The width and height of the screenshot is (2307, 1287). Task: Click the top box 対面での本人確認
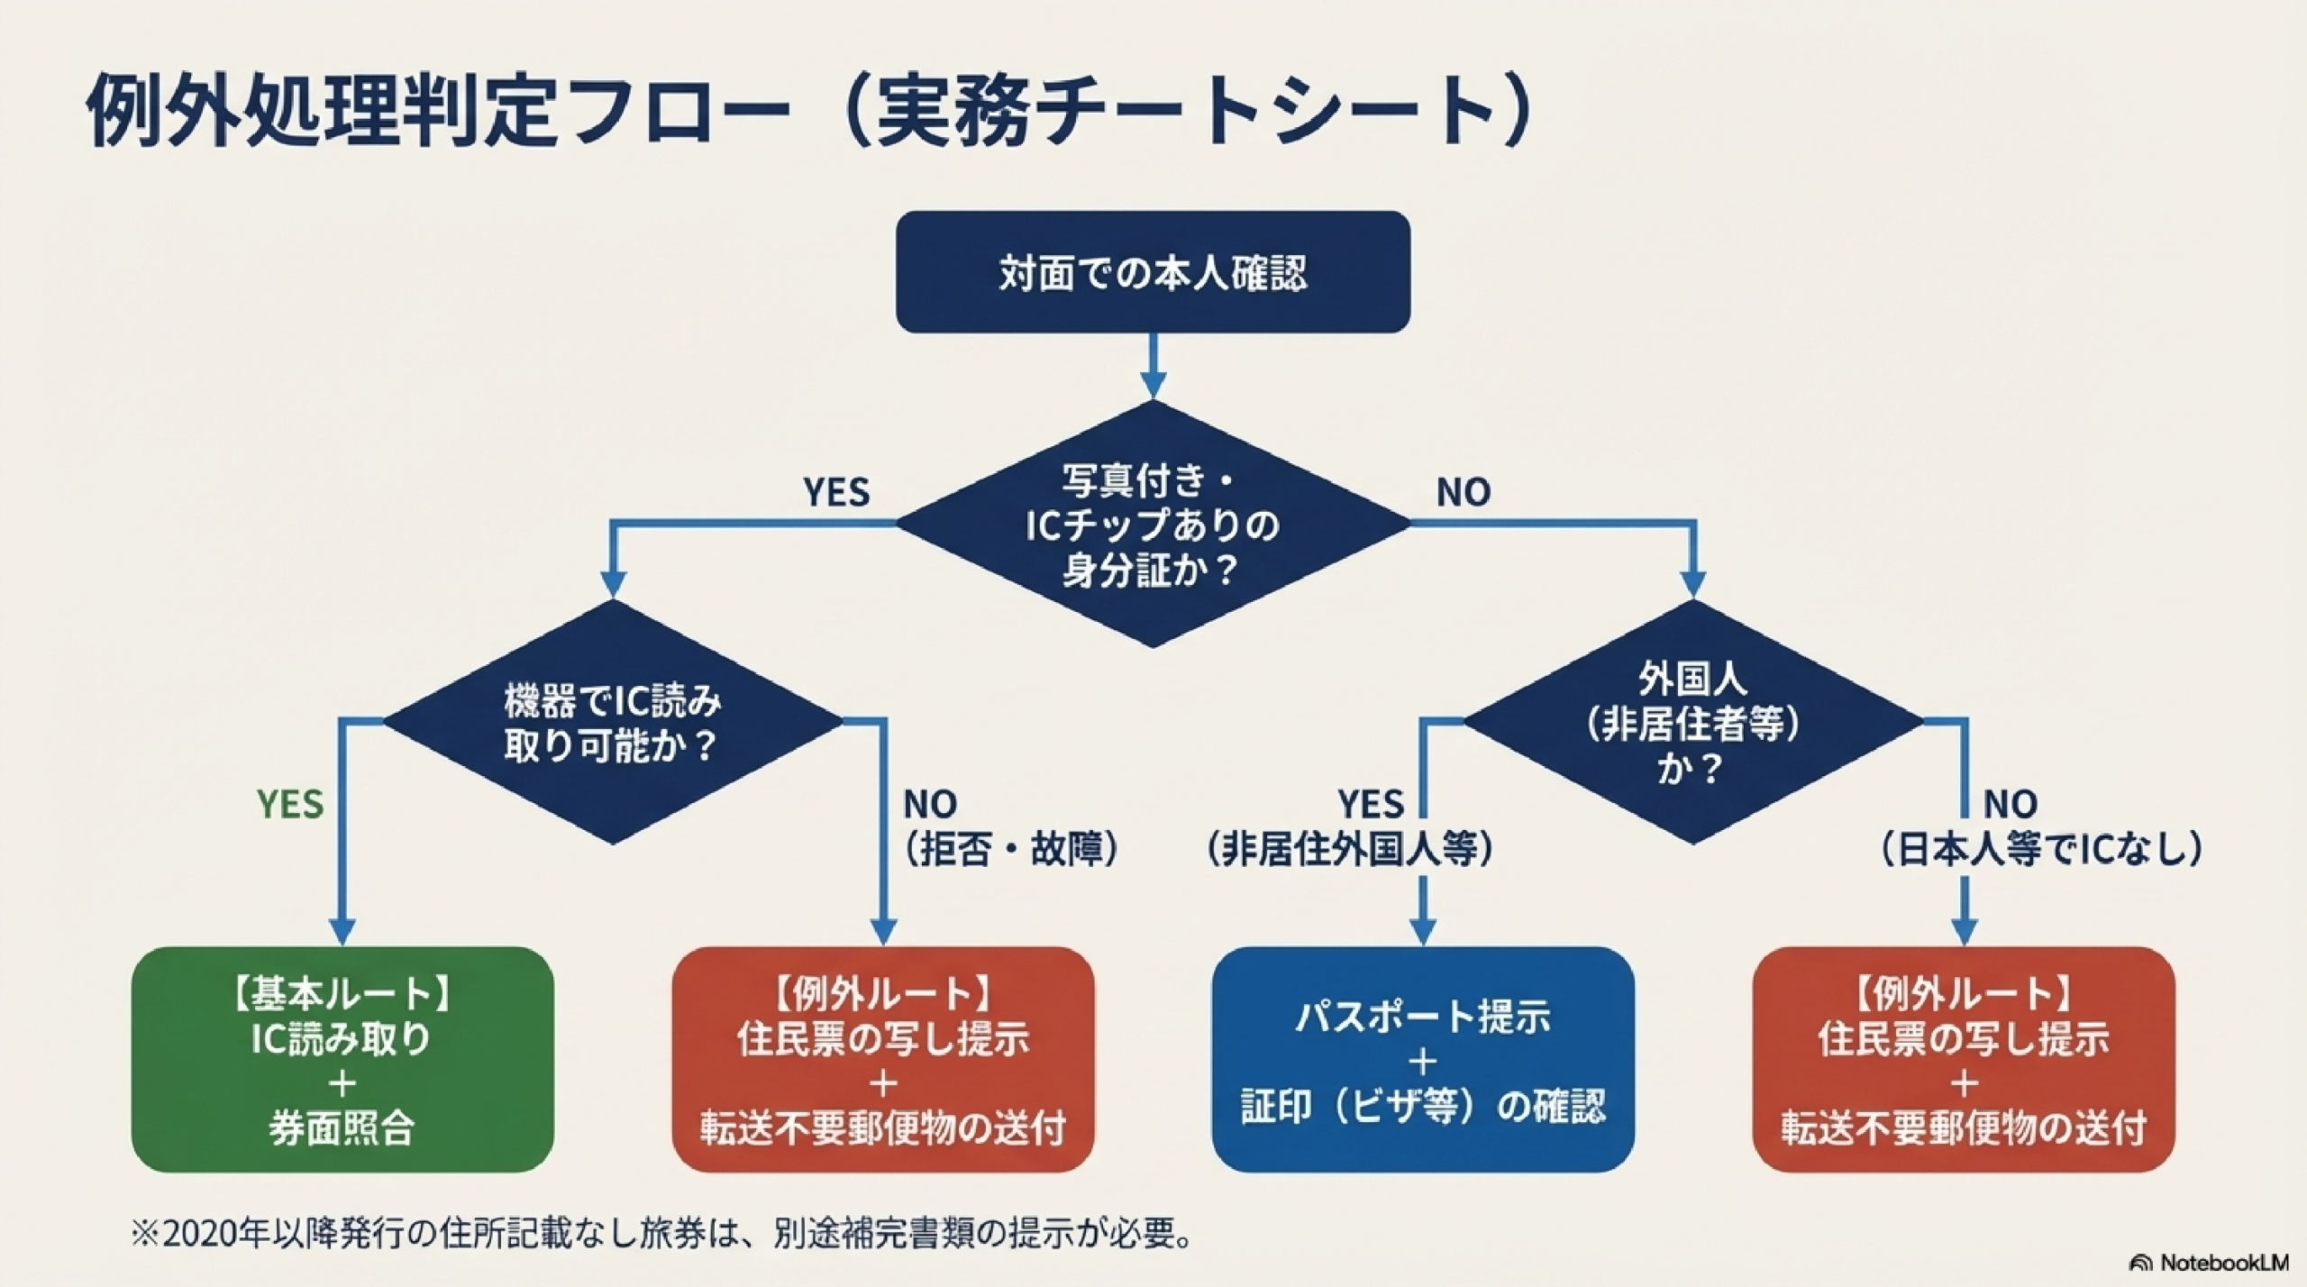[x=1153, y=272]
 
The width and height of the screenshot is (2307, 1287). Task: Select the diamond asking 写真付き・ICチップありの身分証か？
[x=1153, y=524]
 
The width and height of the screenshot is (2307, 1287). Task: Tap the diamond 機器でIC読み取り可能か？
[x=613, y=722]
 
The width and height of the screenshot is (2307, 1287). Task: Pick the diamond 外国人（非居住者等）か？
[x=1693, y=722]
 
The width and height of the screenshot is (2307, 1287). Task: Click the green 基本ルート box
[x=342, y=1059]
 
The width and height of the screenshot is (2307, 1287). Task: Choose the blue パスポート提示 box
[x=1423, y=1059]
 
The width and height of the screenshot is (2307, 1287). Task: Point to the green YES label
[x=290, y=804]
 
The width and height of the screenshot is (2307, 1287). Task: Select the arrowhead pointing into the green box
[x=342, y=932]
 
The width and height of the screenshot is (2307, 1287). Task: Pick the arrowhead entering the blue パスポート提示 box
[x=1423, y=932]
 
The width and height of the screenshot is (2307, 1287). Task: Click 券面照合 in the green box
[x=342, y=1127]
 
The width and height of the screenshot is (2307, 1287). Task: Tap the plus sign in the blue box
[x=1423, y=1063]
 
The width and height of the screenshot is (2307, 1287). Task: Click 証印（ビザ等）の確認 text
[x=1423, y=1107]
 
